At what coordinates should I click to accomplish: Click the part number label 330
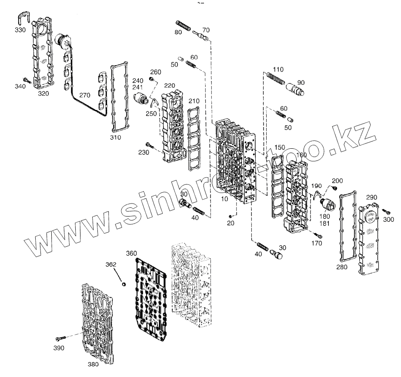tap(20, 30)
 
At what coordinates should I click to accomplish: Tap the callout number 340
tap(20, 86)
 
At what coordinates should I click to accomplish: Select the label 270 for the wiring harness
tap(85, 95)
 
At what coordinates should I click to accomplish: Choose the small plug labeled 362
tap(124, 284)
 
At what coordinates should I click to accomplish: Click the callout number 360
tap(131, 254)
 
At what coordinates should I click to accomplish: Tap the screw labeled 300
tap(384, 210)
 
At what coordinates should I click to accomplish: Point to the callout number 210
tap(194, 101)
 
